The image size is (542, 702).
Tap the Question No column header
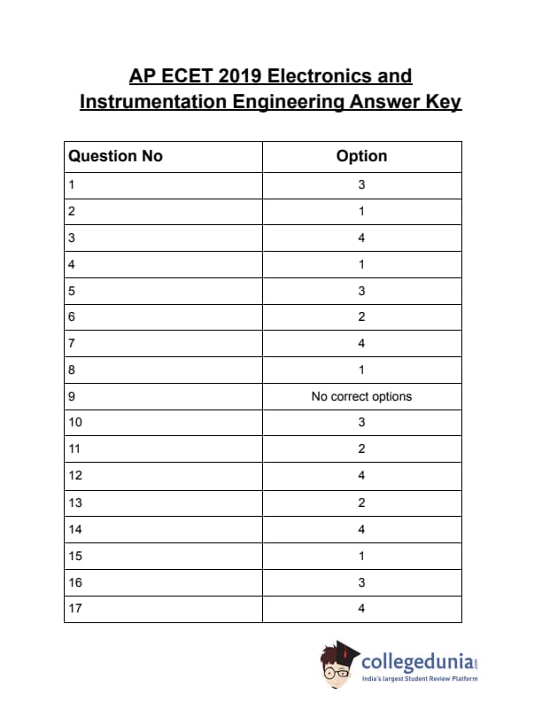(115, 156)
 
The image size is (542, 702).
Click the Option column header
(361, 156)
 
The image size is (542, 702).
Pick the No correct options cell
(361, 396)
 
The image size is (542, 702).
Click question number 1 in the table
(71, 185)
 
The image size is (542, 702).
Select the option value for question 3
(361, 238)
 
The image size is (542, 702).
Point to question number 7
(71, 343)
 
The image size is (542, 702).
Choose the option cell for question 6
(361, 316)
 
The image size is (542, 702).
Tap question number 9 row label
(71, 396)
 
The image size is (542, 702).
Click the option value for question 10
(361, 422)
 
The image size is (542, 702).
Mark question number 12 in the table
(74, 475)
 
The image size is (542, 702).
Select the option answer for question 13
(361, 502)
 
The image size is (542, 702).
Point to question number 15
(74, 555)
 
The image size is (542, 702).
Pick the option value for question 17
(361, 608)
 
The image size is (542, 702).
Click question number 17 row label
(74, 608)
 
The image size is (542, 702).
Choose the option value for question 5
(361, 291)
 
